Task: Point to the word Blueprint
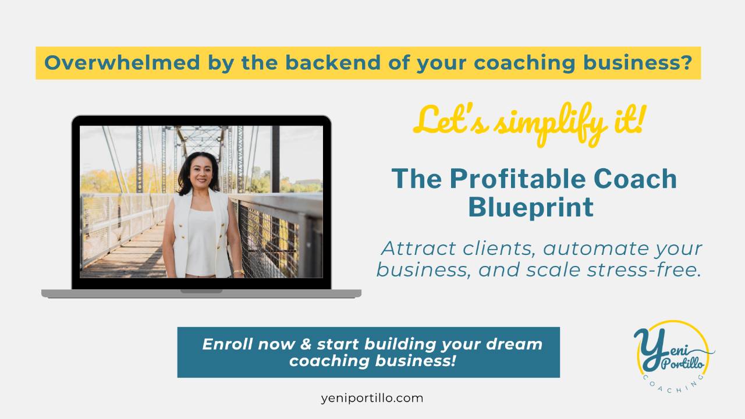[531, 207]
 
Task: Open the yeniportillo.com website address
[372, 399]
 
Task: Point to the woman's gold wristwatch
[238, 271]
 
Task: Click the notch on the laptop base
[201, 291]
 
